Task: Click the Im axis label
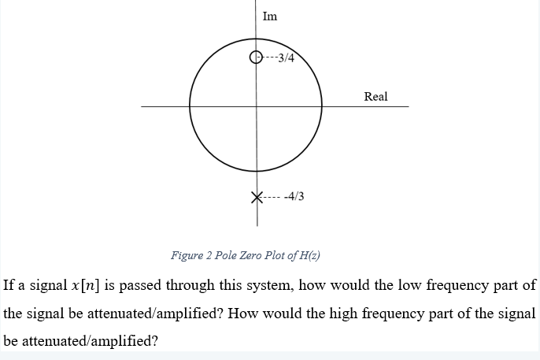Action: [269, 16]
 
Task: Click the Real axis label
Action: [375, 96]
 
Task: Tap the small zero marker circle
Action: [254, 57]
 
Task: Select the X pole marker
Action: [256, 196]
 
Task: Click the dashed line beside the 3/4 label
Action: [269, 57]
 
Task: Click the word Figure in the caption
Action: [187, 255]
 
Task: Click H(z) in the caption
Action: [307, 255]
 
